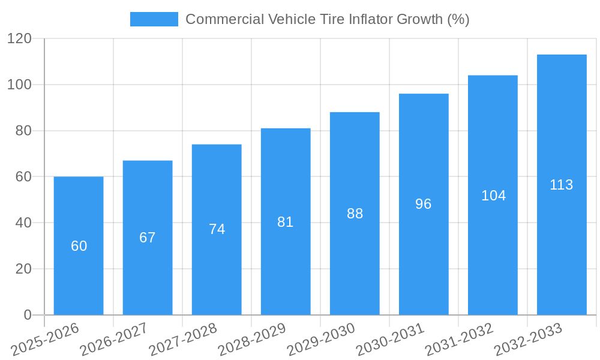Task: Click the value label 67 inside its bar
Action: click(x=148, y=238)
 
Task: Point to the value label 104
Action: click(x=493, y=196)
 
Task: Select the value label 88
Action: click(x=355, y=214)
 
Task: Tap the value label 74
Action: click(x=217, y=229)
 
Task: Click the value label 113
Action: click(x=562, y=185)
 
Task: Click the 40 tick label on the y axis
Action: click(x=23, y=223)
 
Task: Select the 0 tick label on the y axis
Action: click(x=28, y=315)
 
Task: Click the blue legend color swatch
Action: click(x=154, y=19)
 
